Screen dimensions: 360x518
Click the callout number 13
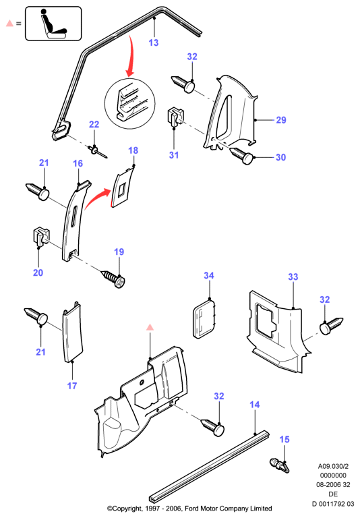point(154,42)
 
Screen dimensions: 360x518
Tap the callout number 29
point(281,120)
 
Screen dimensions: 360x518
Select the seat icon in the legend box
point(53,24)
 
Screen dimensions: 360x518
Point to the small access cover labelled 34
point(204,318)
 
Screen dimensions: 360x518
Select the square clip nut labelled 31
point(176,117)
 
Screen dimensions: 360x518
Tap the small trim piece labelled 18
point(123,188)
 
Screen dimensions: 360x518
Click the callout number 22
point(94,124)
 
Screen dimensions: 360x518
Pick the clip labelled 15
point(280,465)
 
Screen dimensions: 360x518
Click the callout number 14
point(255,405)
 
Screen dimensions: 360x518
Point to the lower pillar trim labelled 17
point(72,332)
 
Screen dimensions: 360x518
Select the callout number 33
point(293,277)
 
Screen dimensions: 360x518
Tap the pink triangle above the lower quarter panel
point(150,327)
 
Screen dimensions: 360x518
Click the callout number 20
point(38,272)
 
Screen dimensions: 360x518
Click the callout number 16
point(78,163)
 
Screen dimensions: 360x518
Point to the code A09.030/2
point(333,466)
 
